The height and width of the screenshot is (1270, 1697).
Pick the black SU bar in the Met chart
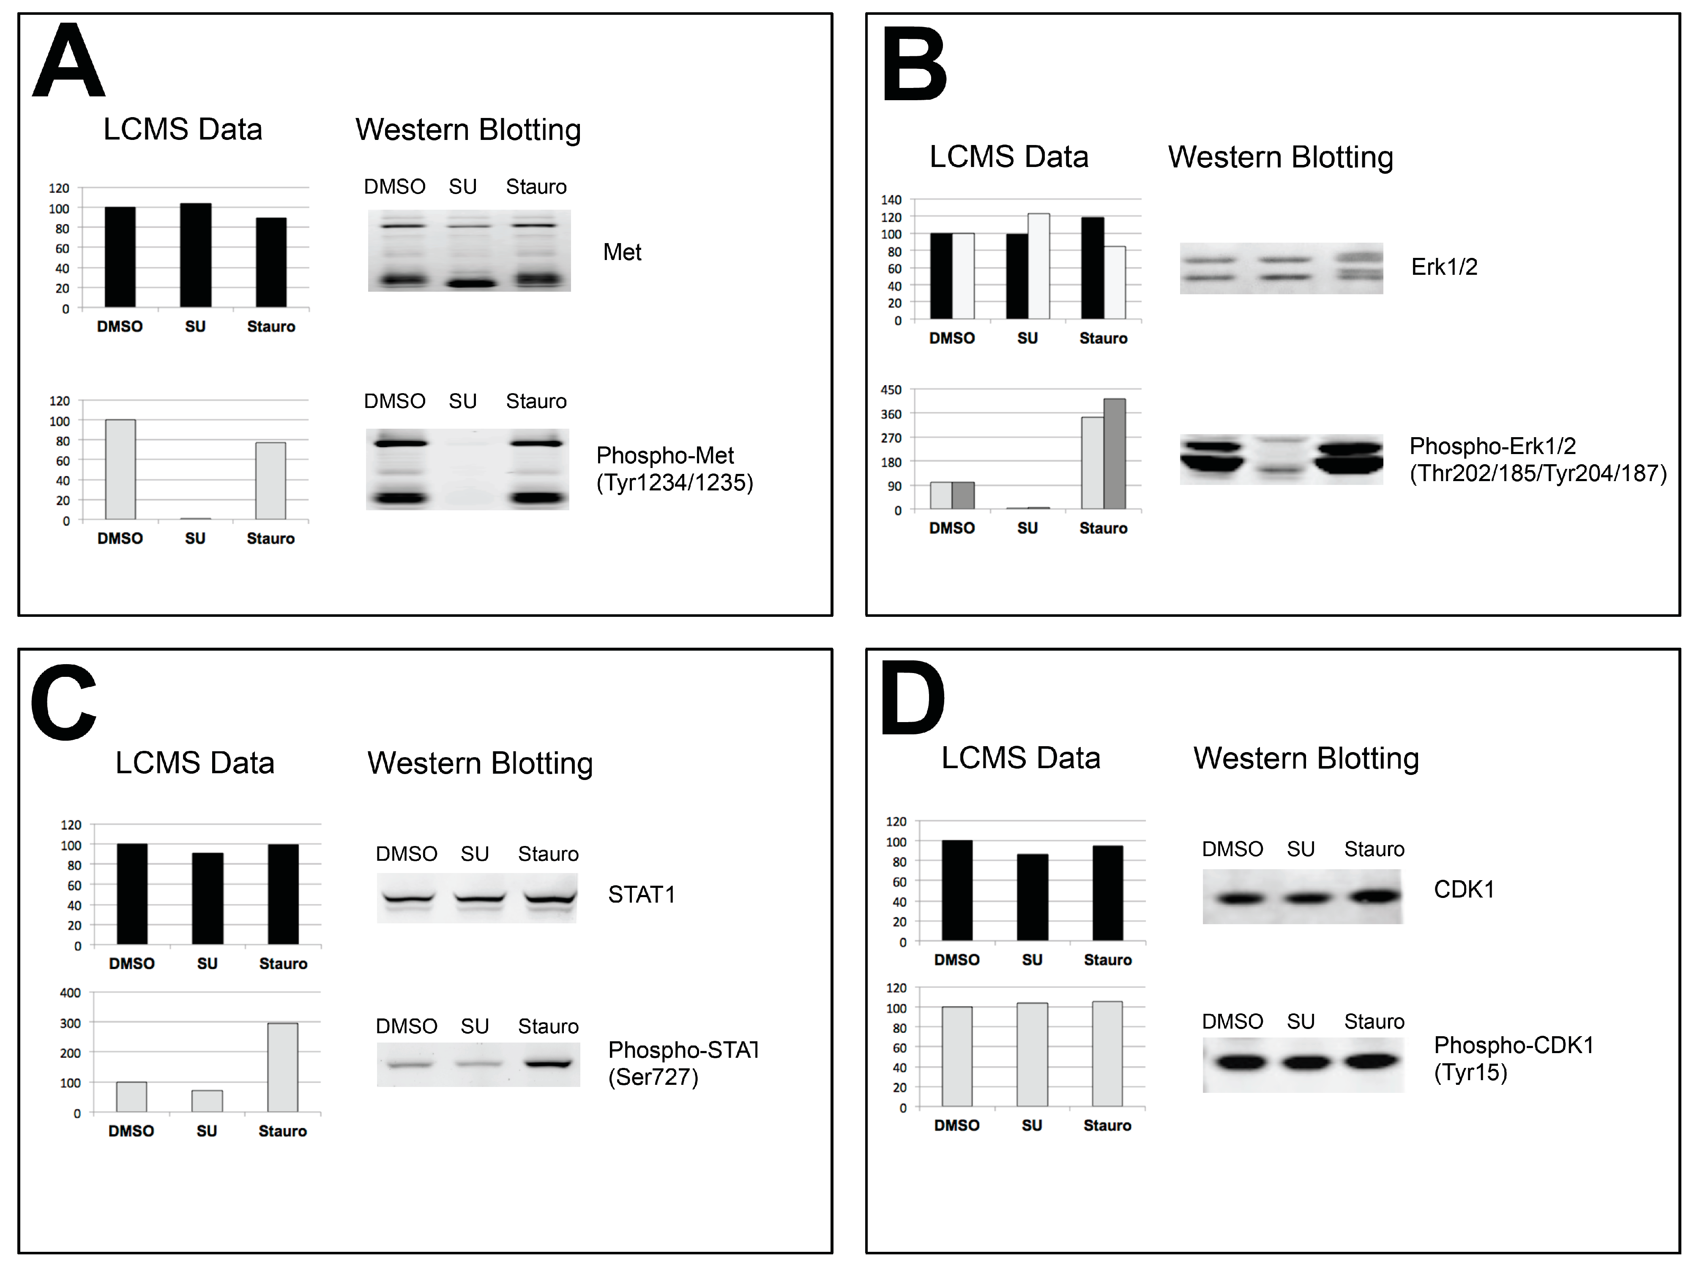196,255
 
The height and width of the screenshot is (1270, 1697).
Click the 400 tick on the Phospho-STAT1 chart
71,992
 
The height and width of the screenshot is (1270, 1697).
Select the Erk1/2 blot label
1444,267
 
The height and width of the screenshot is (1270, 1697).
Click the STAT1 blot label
641,895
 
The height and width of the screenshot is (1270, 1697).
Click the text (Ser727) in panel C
653,1077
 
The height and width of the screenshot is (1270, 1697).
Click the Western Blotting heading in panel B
1280,157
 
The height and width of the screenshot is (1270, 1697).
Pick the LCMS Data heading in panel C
195,763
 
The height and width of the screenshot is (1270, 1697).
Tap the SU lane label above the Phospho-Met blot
463,401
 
